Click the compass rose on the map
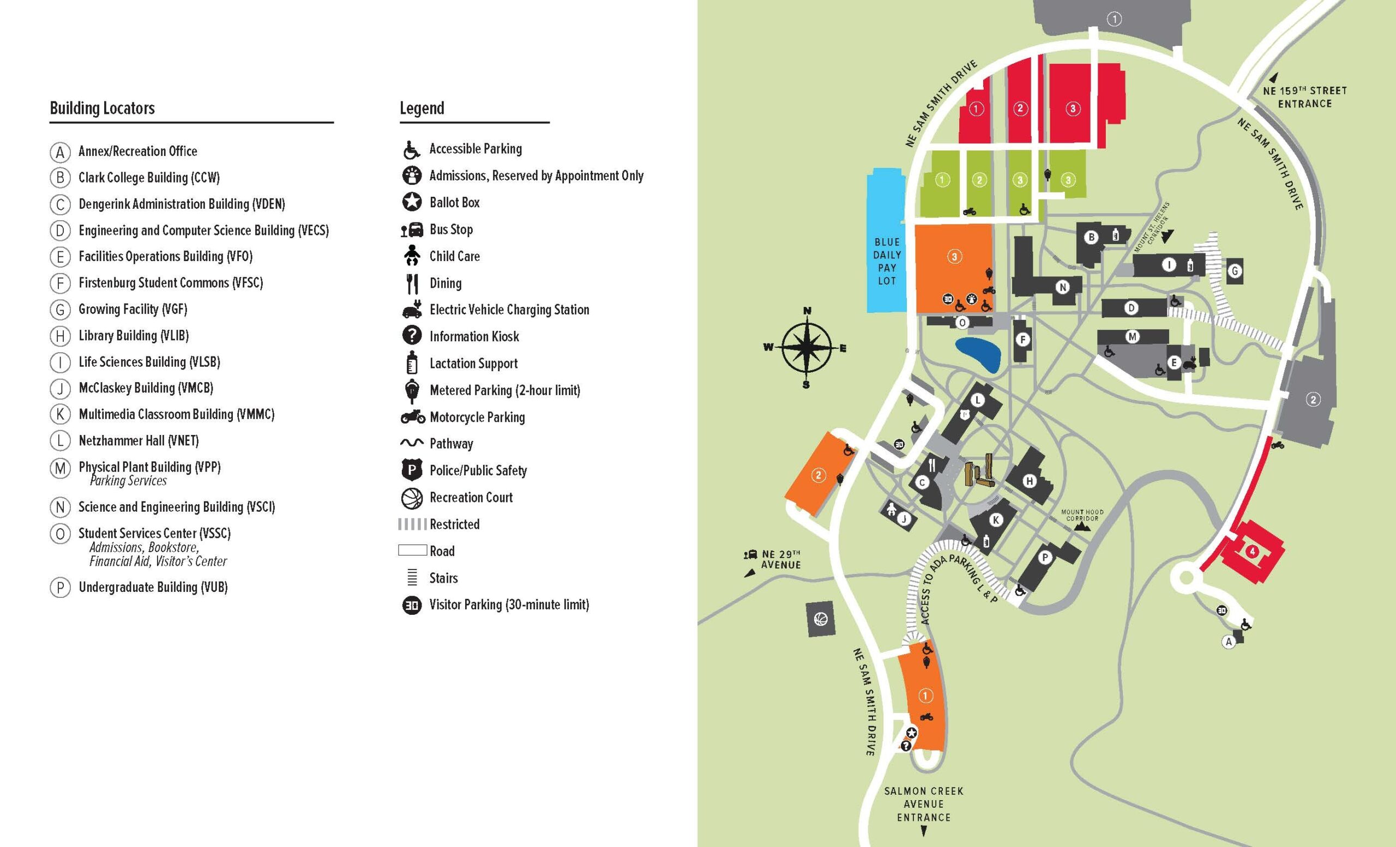point(807,348)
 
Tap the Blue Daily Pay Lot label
point(887,261)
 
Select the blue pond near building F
point(978,354)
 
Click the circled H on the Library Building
point(1030,481)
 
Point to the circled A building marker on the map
point(1228,642)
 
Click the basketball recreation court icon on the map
point(820,619)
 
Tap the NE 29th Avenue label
point(781,559)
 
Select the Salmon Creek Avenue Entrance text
point(924,804)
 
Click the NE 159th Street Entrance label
point(1305,97)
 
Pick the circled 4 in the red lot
point(1252,551)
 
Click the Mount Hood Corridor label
point(1082,515)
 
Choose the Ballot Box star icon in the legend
point(412,202)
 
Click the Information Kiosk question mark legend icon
point(412,336)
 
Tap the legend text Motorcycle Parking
point(477,418)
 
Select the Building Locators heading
point(102,108)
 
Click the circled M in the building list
point(59,468)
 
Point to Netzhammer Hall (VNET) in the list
point(139,440)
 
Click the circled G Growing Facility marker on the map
point(1235,271)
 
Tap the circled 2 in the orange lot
point(818,475)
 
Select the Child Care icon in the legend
point(412,255)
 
